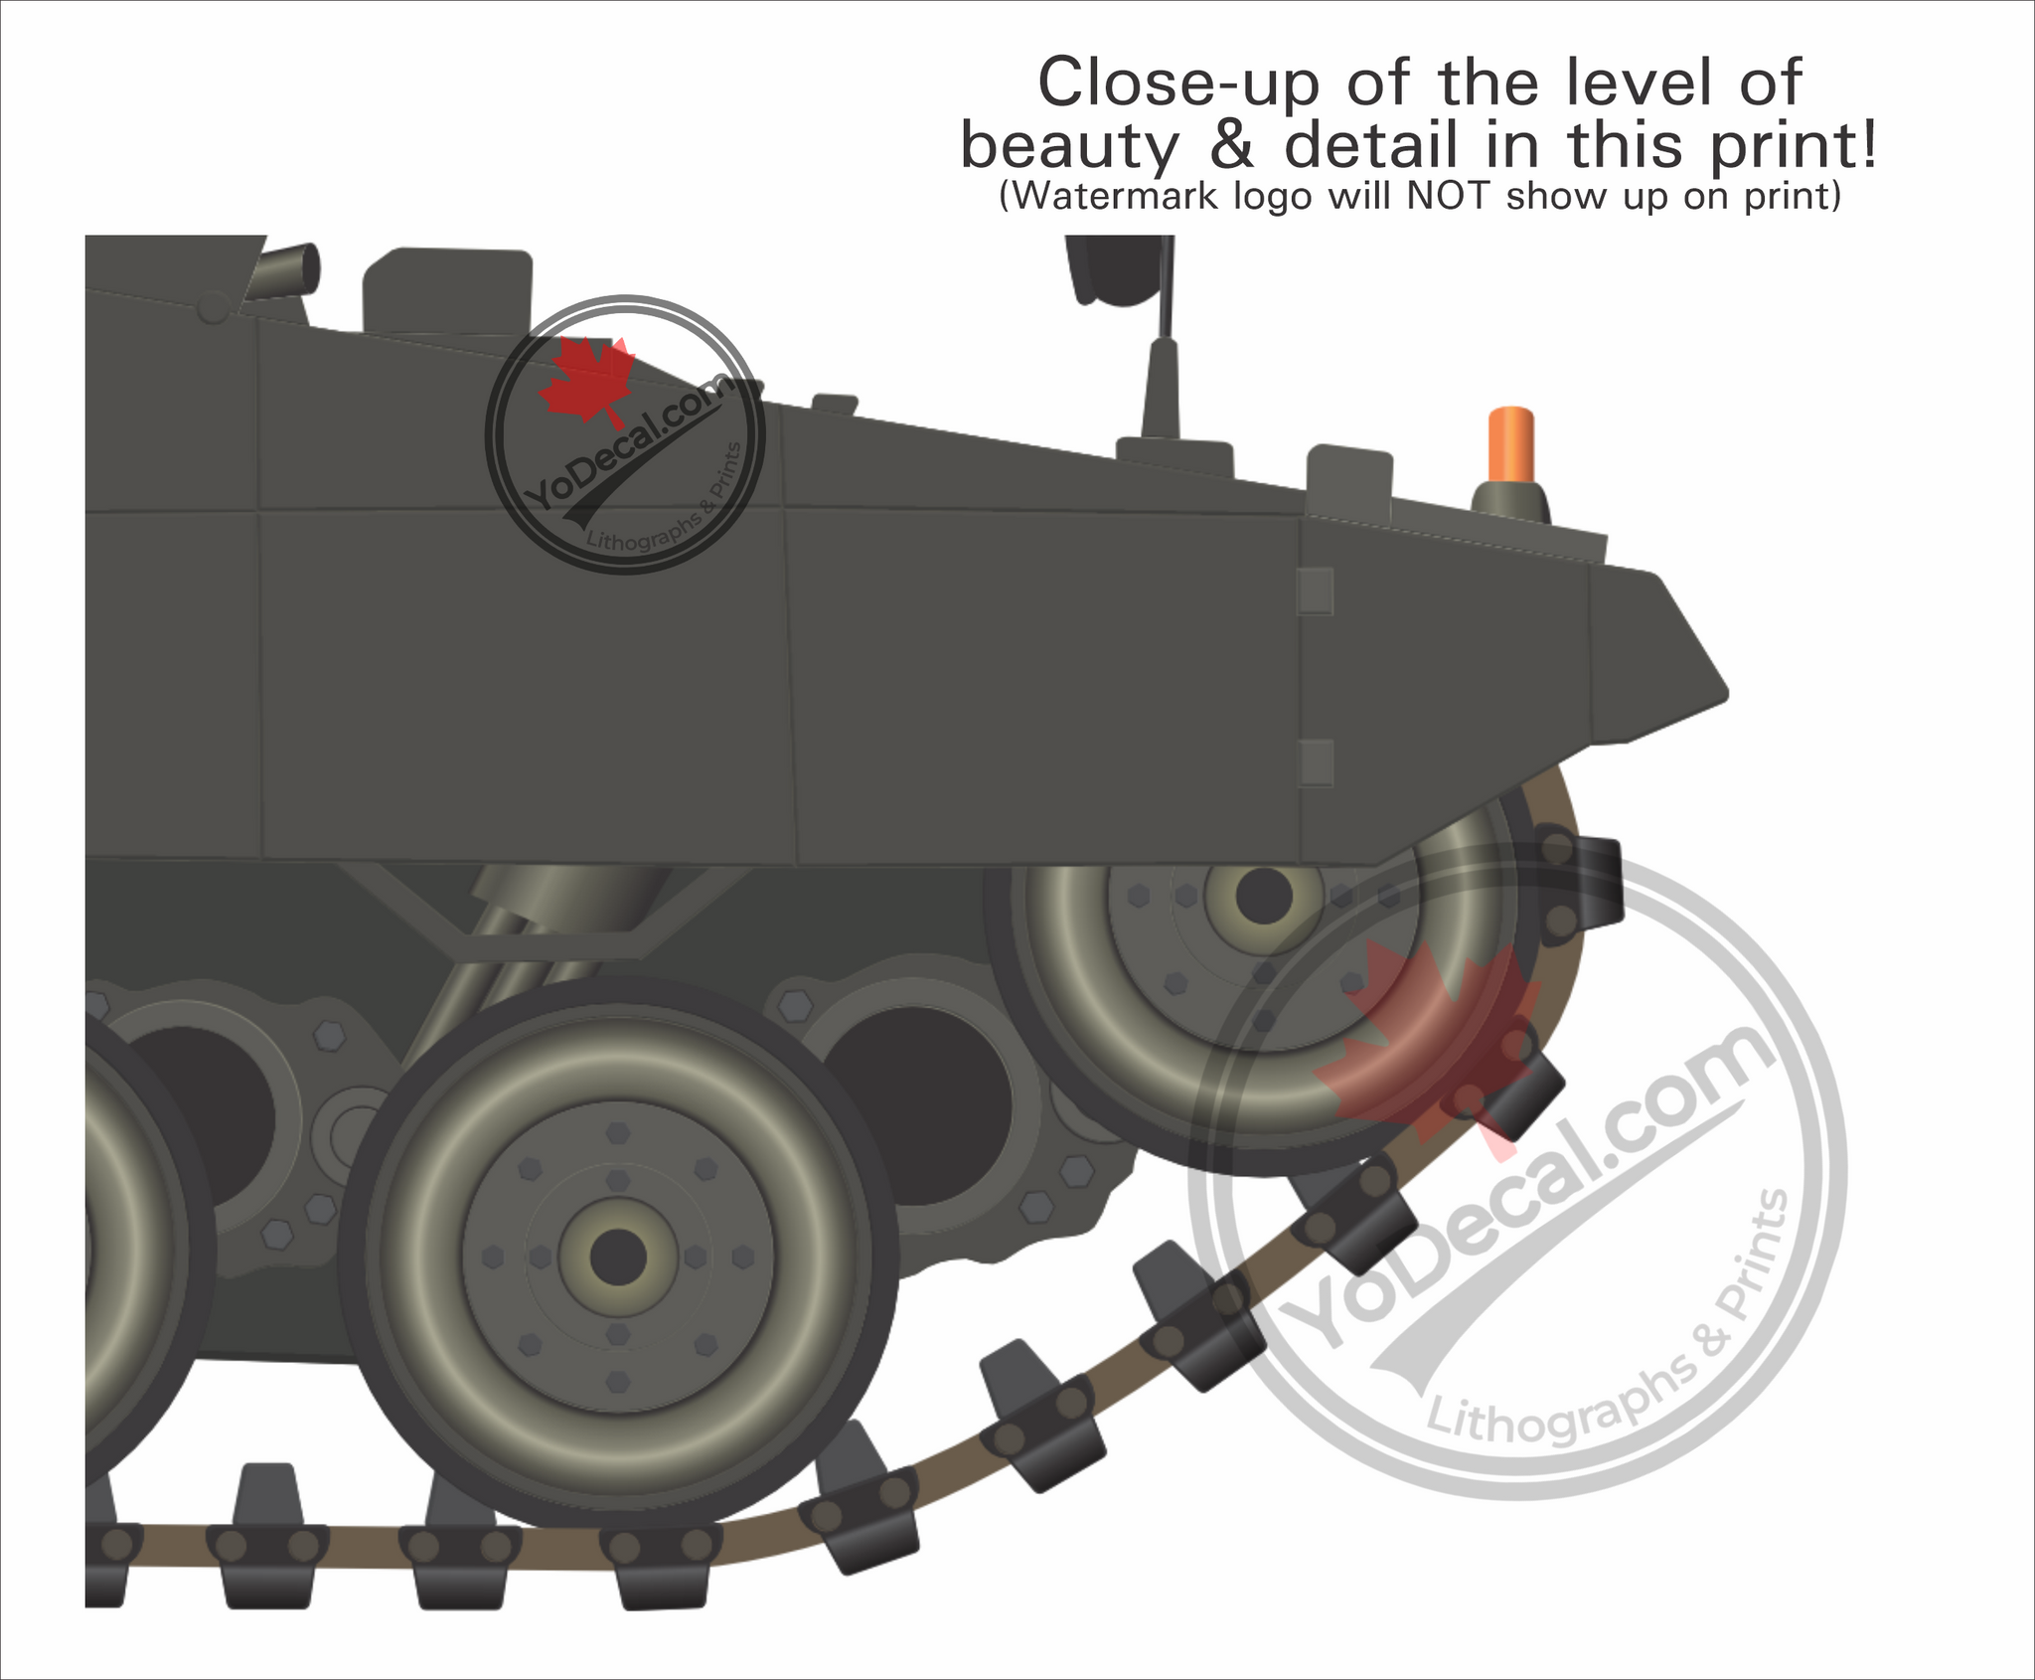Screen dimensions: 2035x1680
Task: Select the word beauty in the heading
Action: pos(1069,147)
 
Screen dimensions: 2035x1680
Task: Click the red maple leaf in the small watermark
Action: pos(586,383)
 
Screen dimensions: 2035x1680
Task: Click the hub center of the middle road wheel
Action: pos(618,1257)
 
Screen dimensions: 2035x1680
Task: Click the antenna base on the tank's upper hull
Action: pos(1174,453)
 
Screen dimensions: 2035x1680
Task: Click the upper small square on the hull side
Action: pos(1316,590)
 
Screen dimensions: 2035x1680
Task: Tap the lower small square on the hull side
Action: pos(1316,762)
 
